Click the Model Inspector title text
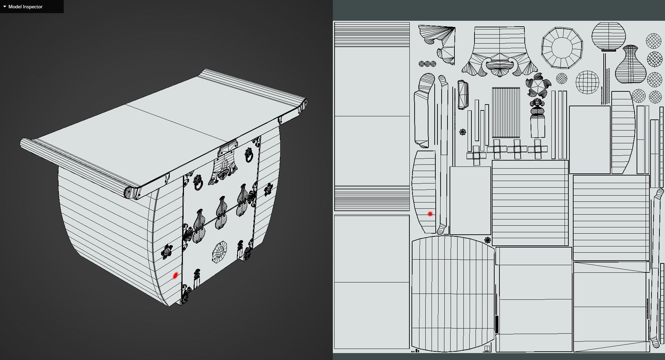click(x=25, y=7)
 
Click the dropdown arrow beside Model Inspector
click(x=5, y=7)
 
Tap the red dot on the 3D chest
click(x=175, y=276)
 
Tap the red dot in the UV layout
click(x=430, y=214)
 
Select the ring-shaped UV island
click(x=562, y=48)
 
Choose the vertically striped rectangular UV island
click(x=506, y=112)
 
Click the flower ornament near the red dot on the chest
click(x=167, y=251)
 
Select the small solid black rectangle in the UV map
click(x=497, y=324)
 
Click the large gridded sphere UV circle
click(x=587, y=82)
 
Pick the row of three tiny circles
click(x=427, y=64)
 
